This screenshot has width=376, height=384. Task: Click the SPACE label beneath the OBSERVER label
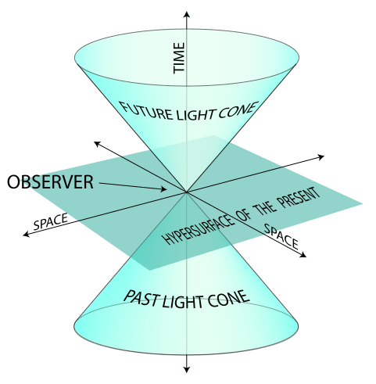point(50,222)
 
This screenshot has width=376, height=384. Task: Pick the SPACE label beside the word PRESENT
point(281,235)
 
